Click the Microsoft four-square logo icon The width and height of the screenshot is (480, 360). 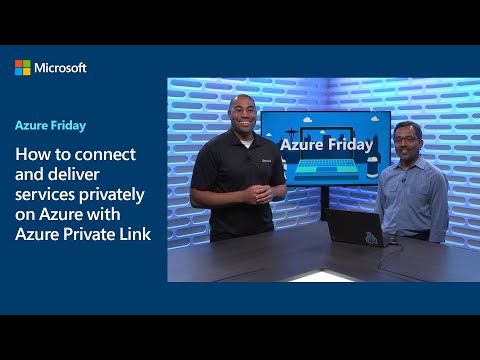click(x=23, y=67)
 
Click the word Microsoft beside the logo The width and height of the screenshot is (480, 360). click(x=61, y=67)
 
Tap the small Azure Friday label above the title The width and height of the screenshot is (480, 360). click(x=49, y=126)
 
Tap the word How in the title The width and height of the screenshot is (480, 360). click(x=33, y=155)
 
